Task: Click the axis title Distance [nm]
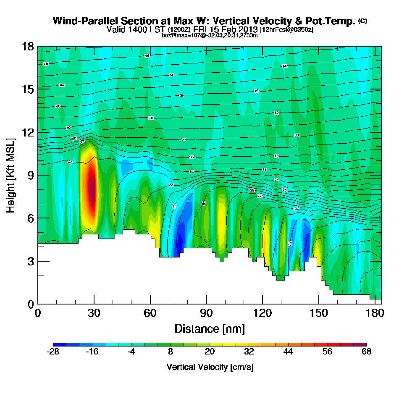pos(210,328)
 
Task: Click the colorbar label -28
pos(53,352)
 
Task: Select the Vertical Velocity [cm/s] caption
pos(210,367)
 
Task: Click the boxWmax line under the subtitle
pos(210,35)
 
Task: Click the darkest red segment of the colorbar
pos(363,344)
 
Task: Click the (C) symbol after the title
pos(362,21)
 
